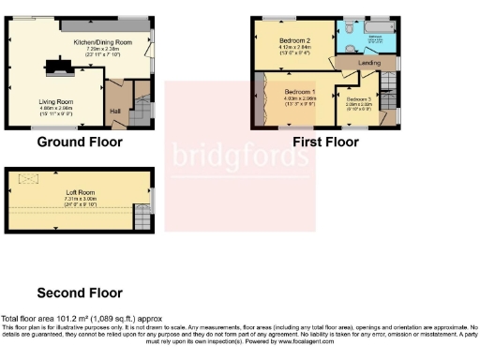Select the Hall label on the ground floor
tap(115, 111)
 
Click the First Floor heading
tap(325, 142)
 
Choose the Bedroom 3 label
tap(359, 99)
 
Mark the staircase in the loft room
tap(142, 216)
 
